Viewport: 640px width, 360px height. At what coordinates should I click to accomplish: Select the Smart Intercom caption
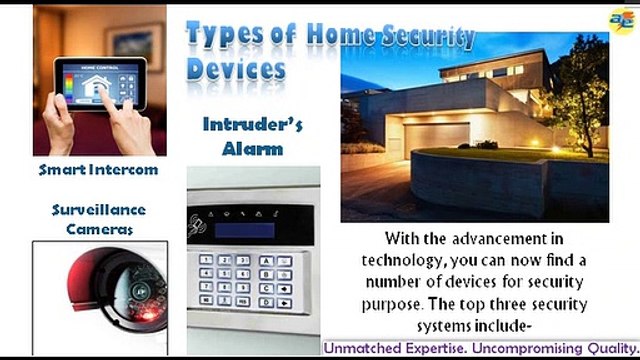click(98, 170)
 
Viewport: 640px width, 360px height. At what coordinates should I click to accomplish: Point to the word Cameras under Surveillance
click(98, 228)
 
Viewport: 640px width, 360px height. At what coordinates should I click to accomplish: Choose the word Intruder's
click(253, 127)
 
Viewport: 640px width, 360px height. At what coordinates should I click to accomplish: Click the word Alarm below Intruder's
click(253, 149)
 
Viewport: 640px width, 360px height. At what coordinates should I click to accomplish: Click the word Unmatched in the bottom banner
click(361, 349)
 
